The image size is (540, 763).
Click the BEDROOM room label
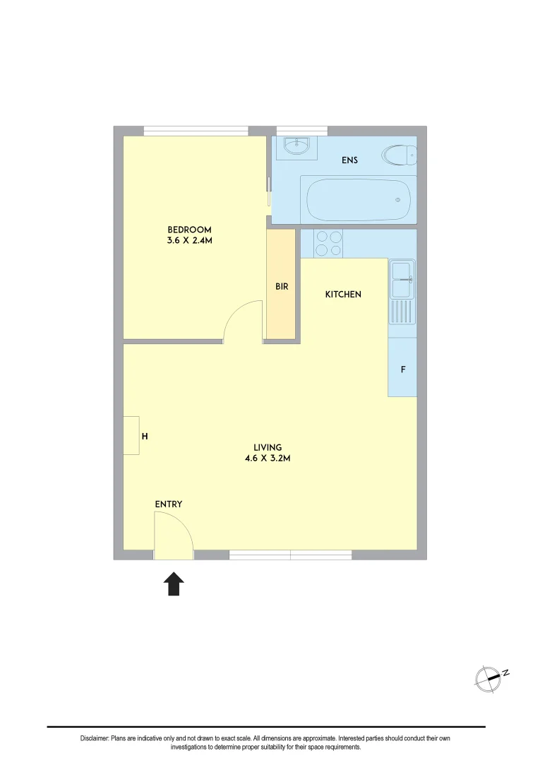click(x=189, y=230)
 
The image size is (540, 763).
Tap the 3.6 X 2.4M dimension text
click(x=189, y=241)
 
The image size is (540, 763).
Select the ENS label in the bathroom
click(x=349, y=160)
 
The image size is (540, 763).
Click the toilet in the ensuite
click(x=399, y=155)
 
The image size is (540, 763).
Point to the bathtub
click(x=356, y=199)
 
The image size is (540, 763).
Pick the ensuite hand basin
click(x=296, y=147)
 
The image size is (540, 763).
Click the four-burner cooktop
click(x=328, y=243)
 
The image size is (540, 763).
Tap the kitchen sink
click(x=402, y=278)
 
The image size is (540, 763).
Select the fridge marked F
click(x=402, y=369)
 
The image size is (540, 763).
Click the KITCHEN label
click(x=343, y=294)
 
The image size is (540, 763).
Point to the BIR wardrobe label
click(x=282, y=287)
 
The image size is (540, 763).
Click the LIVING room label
click(x=268, y=447)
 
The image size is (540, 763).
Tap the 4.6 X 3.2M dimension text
click(x=268, y=459)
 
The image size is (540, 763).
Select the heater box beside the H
click(x=131, y=435)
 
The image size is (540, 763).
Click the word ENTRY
click(x=169, y=504)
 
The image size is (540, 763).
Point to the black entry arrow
click(x=174, y=584)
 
